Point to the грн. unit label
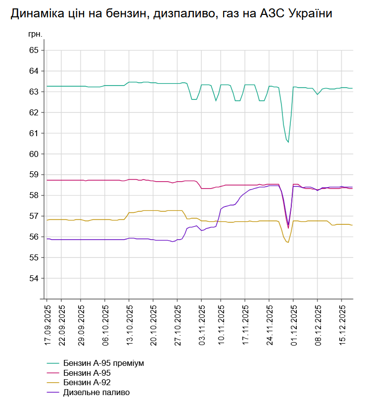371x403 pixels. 36,34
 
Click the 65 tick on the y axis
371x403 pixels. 34,50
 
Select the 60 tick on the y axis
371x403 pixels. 34,154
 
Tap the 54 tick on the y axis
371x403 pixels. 34,278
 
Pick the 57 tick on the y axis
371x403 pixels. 34,216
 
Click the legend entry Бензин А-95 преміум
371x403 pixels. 103,363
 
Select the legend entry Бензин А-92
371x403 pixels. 87,383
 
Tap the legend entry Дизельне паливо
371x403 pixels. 96,393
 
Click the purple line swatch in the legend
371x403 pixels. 53,393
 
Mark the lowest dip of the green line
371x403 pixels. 288,143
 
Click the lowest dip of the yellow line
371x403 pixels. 288,242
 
